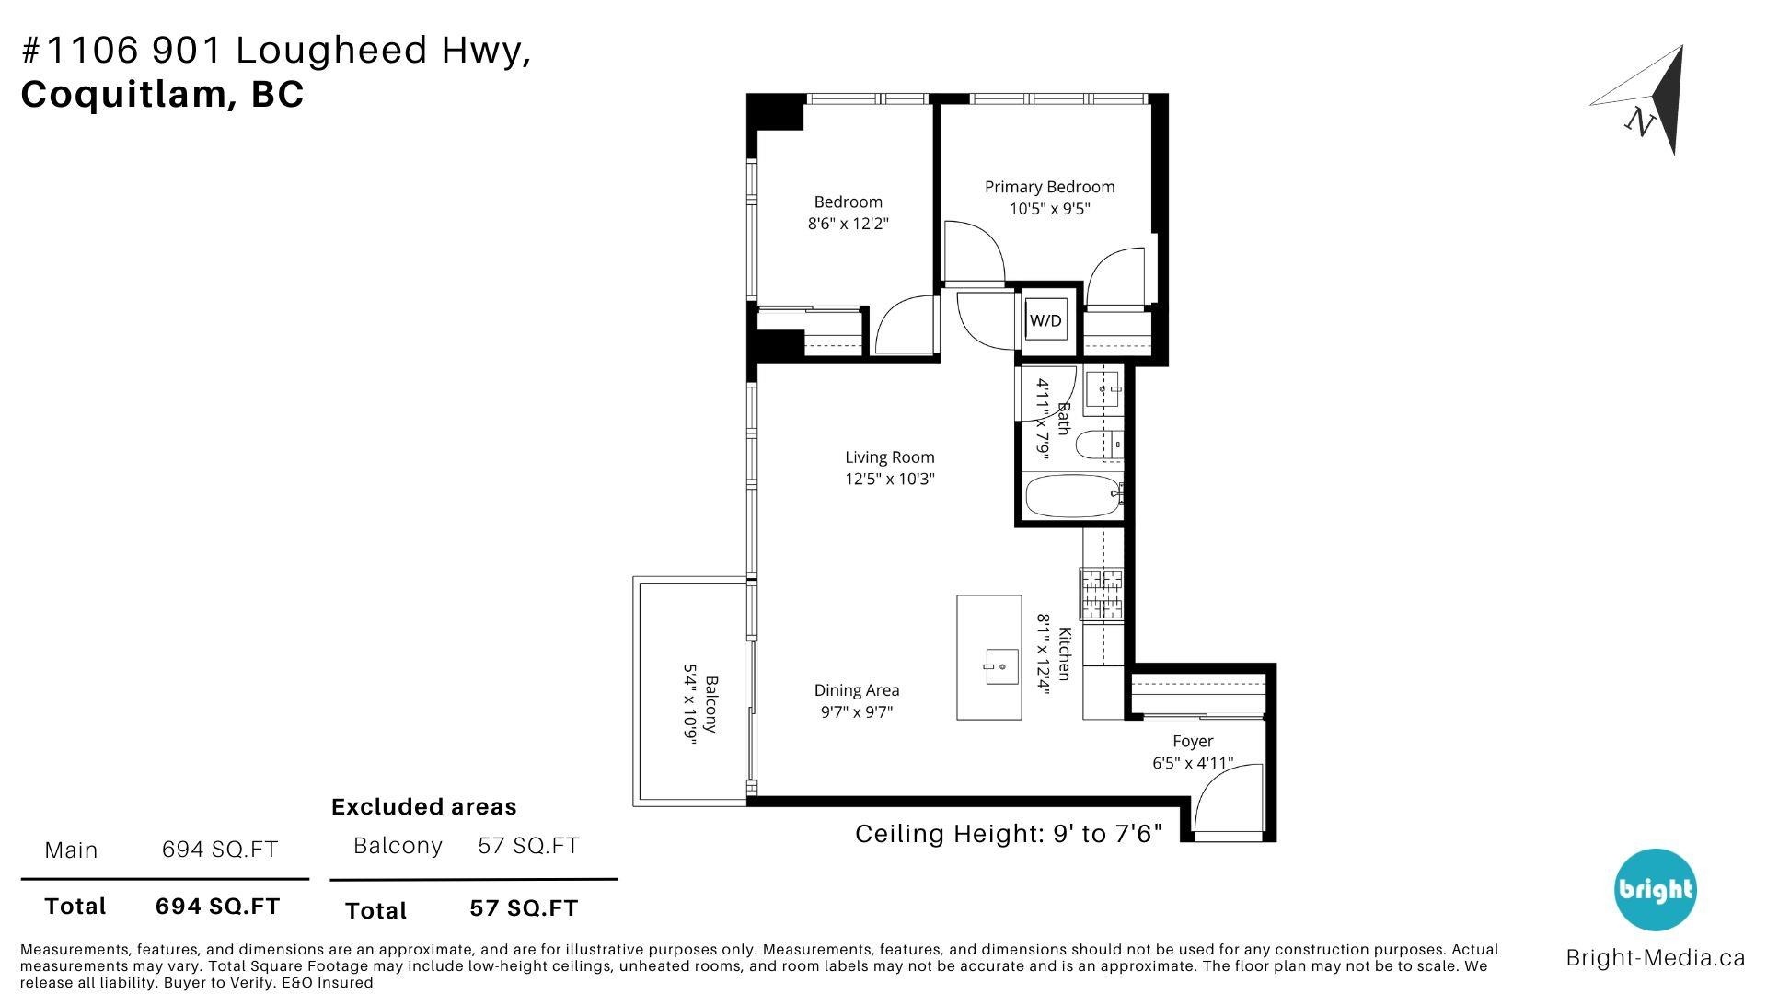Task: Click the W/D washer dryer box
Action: (x=1045, y=320)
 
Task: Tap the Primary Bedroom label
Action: (x=1049, y=187)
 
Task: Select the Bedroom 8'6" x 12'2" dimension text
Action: (x=848, y=224)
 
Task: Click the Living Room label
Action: (x=889, y=457)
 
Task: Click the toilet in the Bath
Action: (x=1098, y=446)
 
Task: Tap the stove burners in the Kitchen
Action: (x=1102, y=594)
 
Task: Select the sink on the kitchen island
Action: (x=1001, y=665)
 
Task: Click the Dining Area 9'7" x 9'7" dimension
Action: (x=856, y=712)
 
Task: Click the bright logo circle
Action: (x=1655, y=889)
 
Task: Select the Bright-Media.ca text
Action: (x=1655, y=958)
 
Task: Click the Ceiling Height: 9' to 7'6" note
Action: (x=1009, y=834)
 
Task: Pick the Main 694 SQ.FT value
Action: (x=219, y=850)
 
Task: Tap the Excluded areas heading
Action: (x=423, y=807)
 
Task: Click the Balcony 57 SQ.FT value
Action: (x=528, y=846)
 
